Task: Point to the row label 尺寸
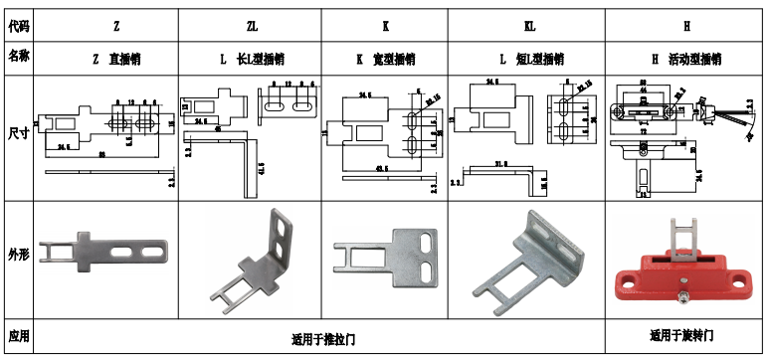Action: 18,132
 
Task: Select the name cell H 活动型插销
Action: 685,59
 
